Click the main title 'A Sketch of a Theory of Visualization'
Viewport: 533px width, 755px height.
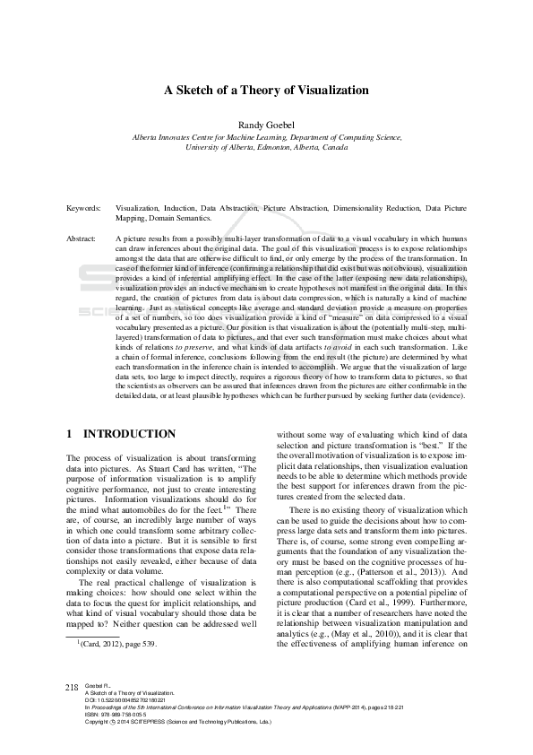click(x=266, y=91)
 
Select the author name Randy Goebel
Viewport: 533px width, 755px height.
click(x=266, y=124)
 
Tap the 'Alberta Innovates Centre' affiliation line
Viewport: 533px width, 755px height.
click(x=266, y=136)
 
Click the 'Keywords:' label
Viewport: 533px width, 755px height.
click(x=83, y=207)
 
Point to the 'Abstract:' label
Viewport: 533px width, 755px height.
click(x=82, y=239)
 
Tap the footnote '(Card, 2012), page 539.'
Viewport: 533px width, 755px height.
click(x=117, y=694)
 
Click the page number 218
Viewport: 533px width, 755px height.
click(x=73, y=711)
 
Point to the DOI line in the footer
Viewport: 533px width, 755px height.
click(x=127, y=725)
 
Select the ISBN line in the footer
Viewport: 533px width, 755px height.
click(x=123, y=739)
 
